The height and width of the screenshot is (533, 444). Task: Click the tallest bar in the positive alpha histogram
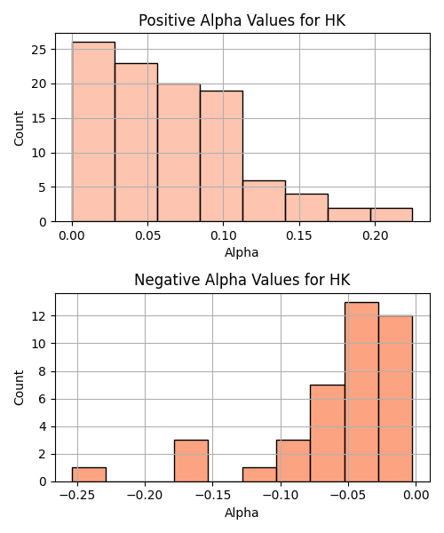93,131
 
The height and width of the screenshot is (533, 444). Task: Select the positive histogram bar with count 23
136,142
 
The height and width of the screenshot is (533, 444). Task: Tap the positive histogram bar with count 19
221,156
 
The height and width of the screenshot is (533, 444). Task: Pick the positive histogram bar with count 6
264,202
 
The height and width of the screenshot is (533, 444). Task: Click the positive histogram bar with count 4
306,208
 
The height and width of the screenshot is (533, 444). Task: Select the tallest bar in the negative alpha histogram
361,392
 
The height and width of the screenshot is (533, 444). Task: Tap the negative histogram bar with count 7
328,434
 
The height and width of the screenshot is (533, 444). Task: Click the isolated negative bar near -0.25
89,475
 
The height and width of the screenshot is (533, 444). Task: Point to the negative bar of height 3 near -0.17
191,461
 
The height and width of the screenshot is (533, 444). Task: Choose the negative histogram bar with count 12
396,399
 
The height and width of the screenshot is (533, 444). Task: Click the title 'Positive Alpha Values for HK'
242,20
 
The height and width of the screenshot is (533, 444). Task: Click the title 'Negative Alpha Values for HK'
242,280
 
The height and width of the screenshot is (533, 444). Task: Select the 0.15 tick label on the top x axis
299,235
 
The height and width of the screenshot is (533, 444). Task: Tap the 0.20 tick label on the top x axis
375,235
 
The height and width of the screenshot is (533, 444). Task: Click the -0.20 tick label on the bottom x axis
145,496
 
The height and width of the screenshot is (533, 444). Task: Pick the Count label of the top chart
19,129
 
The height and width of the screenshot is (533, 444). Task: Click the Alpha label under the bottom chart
242,513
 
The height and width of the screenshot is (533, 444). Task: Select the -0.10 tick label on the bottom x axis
281,496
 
